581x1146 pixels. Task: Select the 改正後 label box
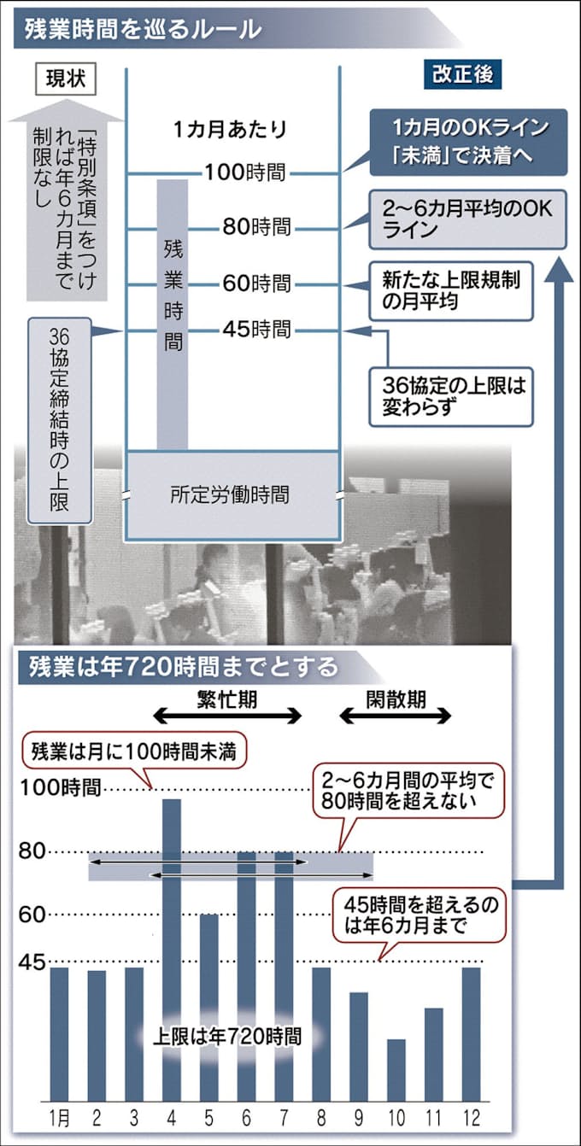point(462,74)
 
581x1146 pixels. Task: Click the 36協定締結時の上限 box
point(60,420)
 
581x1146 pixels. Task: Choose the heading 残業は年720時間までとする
point(183,666)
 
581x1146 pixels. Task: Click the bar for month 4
point(171,948)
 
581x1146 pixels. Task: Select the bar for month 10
point(396,1069)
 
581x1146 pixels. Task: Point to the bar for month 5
point(208,1008)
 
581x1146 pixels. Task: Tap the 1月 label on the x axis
point(59,1117)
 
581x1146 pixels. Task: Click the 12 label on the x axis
point(470,1117)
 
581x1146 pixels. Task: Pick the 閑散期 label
point(396,699)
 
